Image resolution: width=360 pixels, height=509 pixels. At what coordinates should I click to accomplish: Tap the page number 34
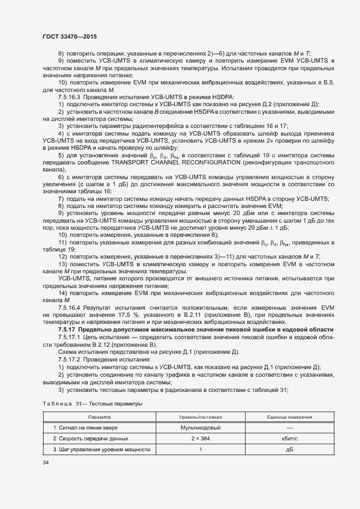click(x=46, y=463)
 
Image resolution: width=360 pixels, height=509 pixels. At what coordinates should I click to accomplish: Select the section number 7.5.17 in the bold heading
click(x=67, y=330)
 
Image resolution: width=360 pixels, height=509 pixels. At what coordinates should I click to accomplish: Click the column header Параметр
click(x=99, y=416)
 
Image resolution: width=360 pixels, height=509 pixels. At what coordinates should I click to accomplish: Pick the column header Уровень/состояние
click(x=200, y=416)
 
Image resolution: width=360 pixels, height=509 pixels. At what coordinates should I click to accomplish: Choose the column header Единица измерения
click(x=289, y=416)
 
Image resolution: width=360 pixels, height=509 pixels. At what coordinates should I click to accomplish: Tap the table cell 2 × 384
click(x=200, y=438)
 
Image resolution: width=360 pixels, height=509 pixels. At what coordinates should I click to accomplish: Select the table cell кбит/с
click(x=289, y=438)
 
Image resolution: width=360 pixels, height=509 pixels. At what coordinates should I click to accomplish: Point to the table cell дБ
click(x=289, y=449)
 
